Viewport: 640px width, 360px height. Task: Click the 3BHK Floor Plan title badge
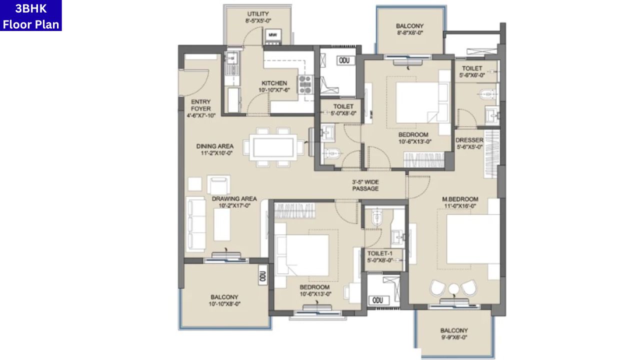[x=31, y=15]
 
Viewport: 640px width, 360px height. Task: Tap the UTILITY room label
[x=258, y=13]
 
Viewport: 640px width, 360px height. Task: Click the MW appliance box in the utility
[x=272, y=35]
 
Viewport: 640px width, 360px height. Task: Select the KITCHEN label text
[x=274, y=83]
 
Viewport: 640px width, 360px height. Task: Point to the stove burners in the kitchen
[x=304, y=84]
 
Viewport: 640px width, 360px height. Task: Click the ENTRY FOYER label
[x=200, y=105]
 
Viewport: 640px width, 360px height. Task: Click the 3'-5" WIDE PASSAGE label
[x=365, y=185]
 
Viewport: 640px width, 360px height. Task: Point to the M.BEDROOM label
[x=460, y=199]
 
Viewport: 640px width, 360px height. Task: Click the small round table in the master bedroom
[x=453, y=289]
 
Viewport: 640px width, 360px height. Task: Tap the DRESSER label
[x=469, y=140]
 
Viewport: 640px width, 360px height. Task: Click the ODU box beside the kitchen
[x=344, y=60]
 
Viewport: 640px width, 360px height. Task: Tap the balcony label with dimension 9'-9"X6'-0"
[x=454, y=330]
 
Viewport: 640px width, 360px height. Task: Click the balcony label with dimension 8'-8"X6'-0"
[x=409, y=26]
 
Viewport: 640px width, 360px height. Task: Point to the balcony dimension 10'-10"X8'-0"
[x=224, y=303]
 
